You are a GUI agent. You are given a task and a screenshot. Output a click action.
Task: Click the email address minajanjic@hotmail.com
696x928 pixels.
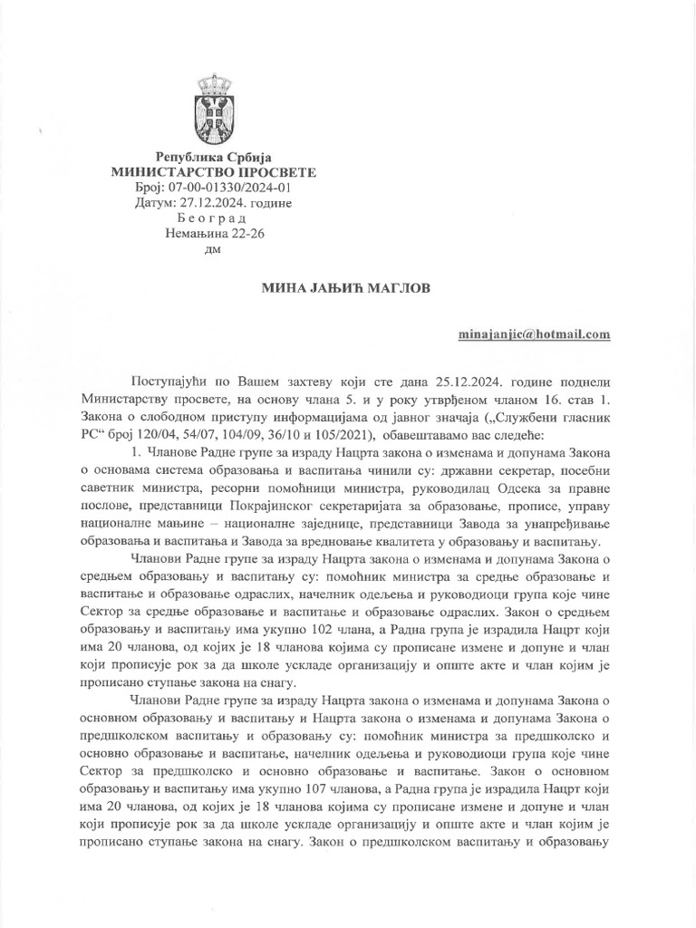(x=535, y=334)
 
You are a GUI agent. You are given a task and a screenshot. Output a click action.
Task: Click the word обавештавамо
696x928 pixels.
(x=424, y=431)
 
